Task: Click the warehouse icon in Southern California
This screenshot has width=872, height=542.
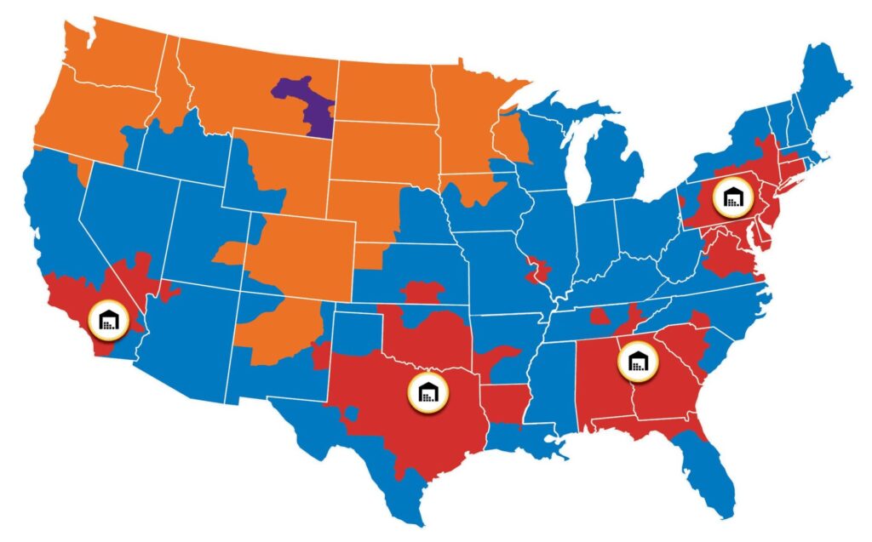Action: pyautogui.click(x=110, y=320)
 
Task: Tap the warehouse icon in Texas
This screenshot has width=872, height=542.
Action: pyautogui.click(x=427, y=391)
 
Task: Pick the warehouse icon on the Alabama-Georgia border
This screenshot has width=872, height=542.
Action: pyautogui.click(x=640, y=362)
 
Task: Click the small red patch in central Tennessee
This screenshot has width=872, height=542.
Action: pyautogui.click(x=600, y=319)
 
